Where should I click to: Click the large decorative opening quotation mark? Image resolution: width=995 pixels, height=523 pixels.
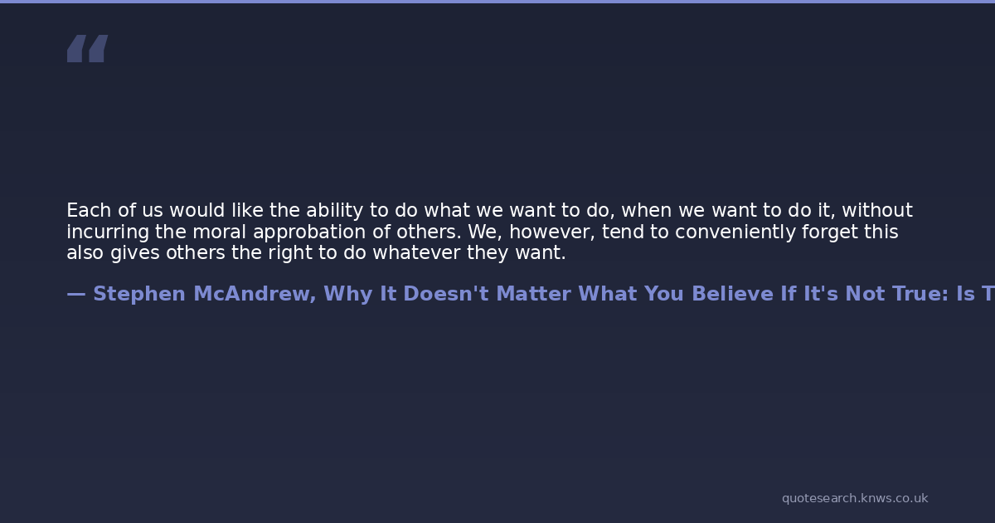tap(88, 48)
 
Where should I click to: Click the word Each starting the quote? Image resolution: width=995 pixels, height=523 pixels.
tap(89, 210)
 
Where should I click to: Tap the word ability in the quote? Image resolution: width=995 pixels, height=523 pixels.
tap(334, 211)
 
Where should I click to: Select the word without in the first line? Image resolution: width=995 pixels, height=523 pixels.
tap(877, 210)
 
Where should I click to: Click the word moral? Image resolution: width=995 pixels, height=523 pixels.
tap(219, 232)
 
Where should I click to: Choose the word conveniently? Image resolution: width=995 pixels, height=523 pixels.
tap(735, 232)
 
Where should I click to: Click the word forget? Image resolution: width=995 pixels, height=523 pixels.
tap(830, 232)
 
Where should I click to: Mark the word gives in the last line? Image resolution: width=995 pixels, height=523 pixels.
tap(135, 253)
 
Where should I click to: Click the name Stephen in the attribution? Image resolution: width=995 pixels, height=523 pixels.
tap(139, 295)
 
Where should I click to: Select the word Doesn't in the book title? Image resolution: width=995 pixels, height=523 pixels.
tap(446, 294)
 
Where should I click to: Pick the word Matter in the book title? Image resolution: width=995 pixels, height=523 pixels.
tap(533, 294)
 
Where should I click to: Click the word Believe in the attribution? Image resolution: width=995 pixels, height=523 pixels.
tap(732, 294)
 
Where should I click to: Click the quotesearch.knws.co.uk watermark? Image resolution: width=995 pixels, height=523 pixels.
tap(855, 499)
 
